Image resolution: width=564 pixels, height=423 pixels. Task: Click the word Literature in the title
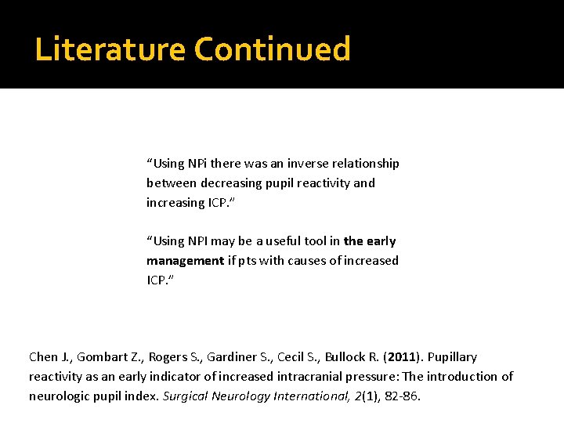tap(110, 49)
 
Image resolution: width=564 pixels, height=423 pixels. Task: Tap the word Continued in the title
tap(272, 49)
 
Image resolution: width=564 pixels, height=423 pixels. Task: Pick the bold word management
tap(185, 260)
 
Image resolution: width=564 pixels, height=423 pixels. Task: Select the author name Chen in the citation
tap(43, 357)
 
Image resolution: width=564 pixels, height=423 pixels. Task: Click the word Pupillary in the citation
tap(452, 357)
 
